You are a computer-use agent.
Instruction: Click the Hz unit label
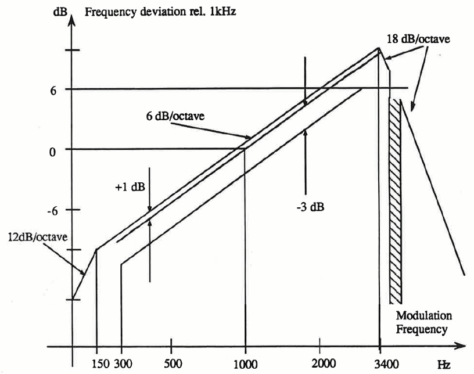[x=444, y=365]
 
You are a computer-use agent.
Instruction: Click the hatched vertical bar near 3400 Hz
[x=395, y=200]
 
